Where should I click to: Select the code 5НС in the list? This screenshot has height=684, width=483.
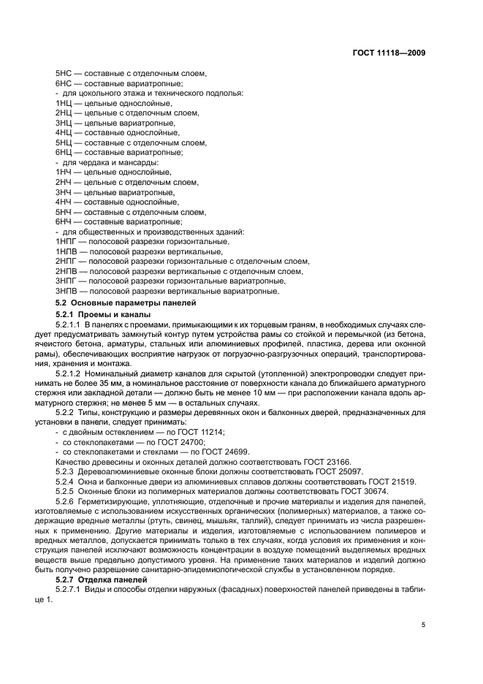coord(64,74)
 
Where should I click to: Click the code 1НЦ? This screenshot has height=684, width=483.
coord(64,104)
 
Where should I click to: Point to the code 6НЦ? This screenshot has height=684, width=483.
coord(64,153)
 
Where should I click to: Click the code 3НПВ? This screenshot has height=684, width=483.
coord(66,291)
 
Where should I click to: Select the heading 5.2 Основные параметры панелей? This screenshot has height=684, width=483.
coord(117,302)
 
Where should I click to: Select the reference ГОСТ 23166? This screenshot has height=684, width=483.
coord(306,462)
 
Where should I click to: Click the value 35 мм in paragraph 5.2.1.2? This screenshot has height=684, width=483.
coord(169,383)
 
